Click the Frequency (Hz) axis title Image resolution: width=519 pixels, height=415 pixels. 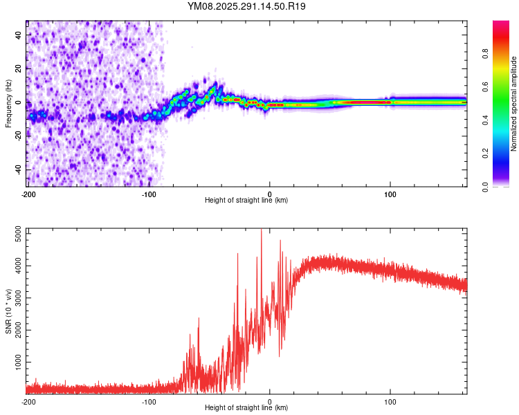pyautogui.click(x=8, y=104)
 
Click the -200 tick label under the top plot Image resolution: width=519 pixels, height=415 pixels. pyautogui.click(x=28, y=194)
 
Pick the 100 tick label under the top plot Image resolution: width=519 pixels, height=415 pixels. pyautogui.click(x=390, y=194)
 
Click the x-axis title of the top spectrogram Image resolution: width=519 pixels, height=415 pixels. pyautogui.click(x=246, y=201)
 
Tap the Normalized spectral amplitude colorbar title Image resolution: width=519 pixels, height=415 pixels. pyautogui.click(x=514, y=104)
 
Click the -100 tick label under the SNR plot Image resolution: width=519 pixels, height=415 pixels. pyautogui.click(x=149, y=401)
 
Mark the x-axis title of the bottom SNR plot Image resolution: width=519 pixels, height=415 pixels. pyautogui.click(x=246, y=408)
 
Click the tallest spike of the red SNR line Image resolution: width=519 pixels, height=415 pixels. pyautogui.click(x=261, y=231)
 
